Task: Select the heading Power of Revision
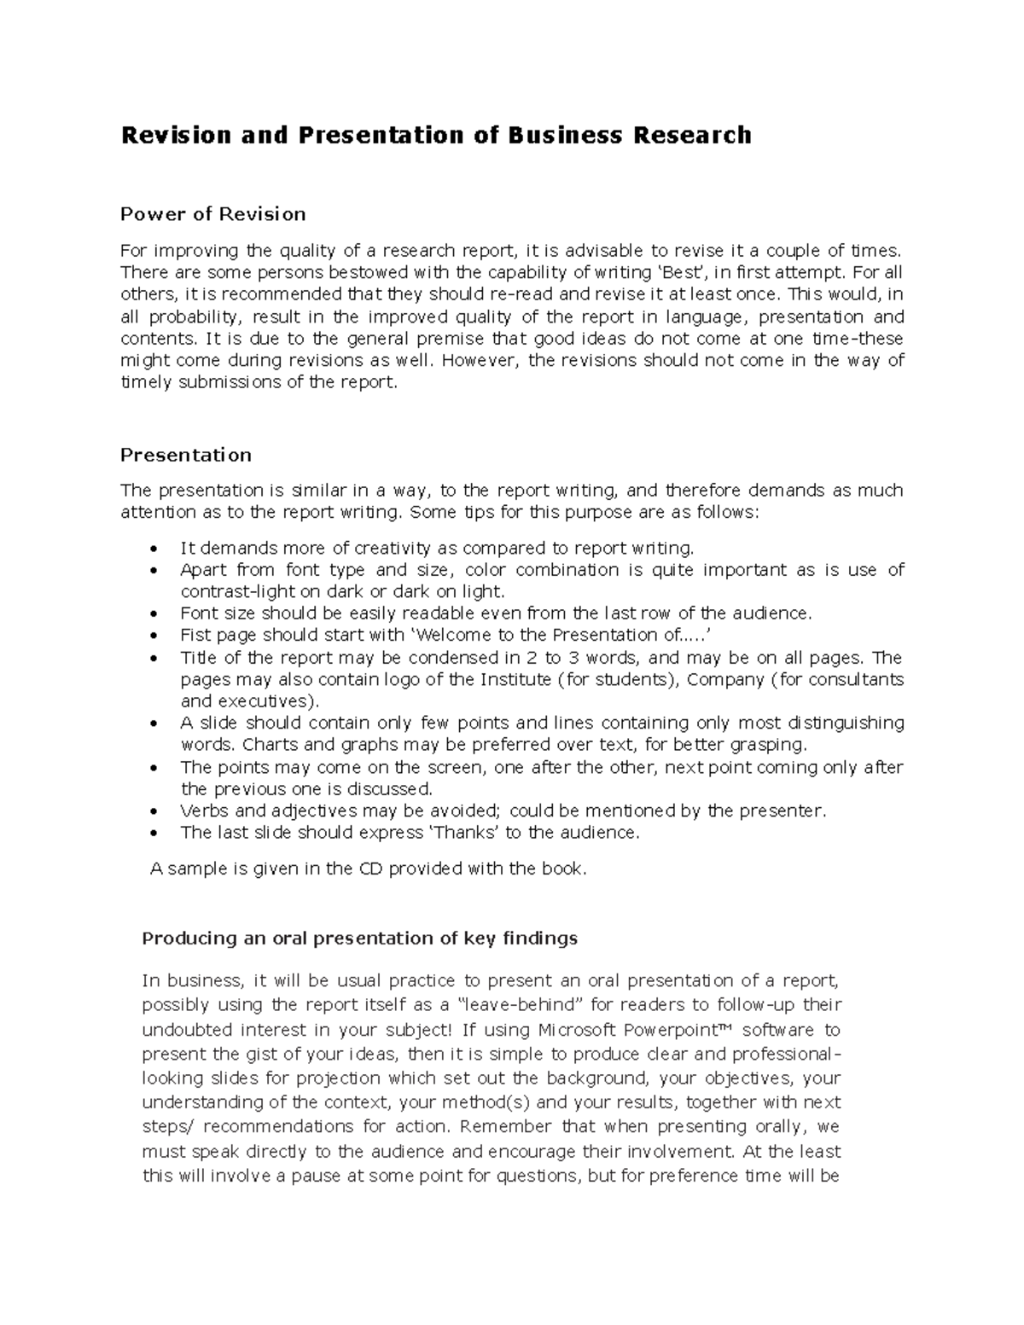(x=212, y=213)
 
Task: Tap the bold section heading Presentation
(x=185, y=455)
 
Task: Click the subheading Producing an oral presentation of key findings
(x=359, y=939)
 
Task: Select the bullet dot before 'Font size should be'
(x=154, y=614)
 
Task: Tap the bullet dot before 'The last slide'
(x=154, y=834)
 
